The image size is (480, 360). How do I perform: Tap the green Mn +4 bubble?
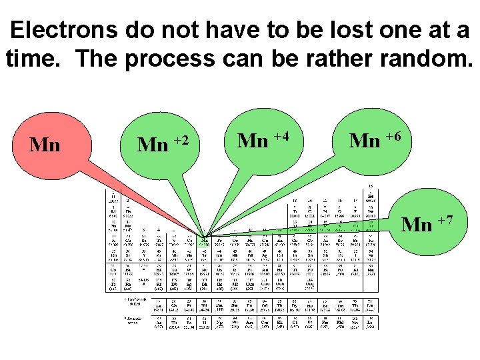[x=264, y=140]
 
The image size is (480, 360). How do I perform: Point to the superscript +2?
[x=181, y=139]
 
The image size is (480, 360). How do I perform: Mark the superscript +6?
[x=393, y=136]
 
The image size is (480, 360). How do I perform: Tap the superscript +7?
[x=445, y=219]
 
